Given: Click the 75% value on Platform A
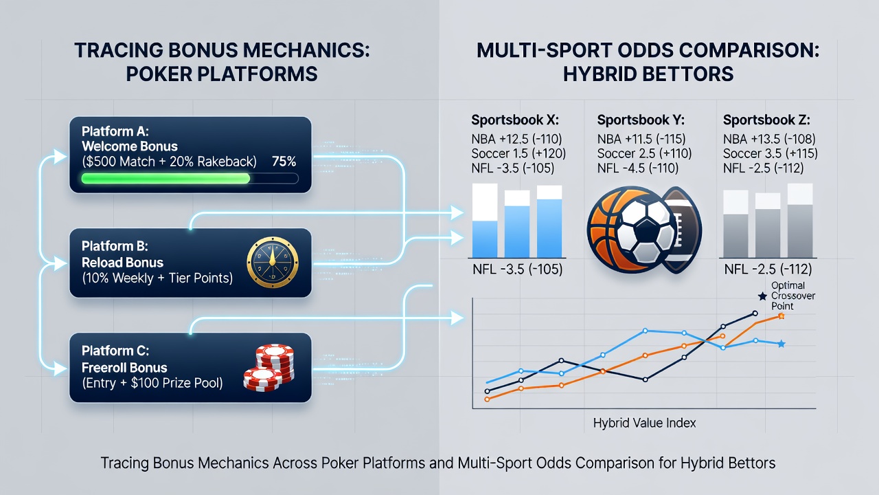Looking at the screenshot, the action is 284,162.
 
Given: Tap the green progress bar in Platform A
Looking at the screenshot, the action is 165,179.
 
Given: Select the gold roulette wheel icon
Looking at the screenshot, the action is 273,263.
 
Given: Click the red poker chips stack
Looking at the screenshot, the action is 269,368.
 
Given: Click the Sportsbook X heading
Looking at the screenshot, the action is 515,120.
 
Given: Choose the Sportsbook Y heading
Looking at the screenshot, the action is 641,120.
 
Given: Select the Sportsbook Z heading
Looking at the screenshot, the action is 766,120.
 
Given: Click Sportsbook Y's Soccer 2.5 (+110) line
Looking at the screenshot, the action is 644,153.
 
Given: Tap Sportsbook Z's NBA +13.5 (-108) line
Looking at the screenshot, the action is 769,139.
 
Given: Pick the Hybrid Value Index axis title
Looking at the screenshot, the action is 644,423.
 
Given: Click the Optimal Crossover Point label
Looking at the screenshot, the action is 793,296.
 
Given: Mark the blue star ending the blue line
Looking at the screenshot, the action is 781,344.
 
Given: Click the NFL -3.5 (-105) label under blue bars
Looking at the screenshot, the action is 518,269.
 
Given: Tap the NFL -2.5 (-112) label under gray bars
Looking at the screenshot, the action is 768,269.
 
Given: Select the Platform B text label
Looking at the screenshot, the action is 115,246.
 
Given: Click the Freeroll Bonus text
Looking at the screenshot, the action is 124,368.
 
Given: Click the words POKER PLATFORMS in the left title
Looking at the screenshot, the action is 222,74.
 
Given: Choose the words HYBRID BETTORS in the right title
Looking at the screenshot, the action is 648,74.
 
